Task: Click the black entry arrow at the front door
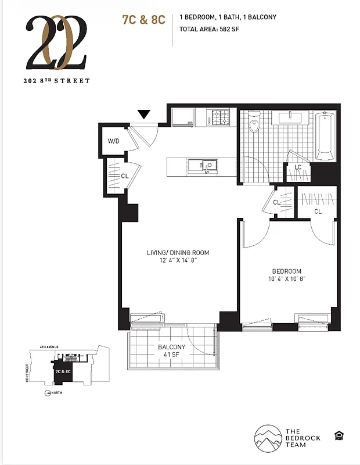[144, 115]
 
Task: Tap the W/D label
[114, 141]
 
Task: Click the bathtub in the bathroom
[325, 137]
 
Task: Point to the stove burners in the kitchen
[221, 118]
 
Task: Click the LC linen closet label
[298, 167]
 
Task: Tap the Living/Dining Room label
[177, 253]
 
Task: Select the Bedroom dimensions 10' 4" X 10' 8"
[287, 280]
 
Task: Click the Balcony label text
[171, 347]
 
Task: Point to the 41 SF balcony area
[171, 356]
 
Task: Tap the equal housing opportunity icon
[338, 435]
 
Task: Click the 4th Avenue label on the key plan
[51, 347]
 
